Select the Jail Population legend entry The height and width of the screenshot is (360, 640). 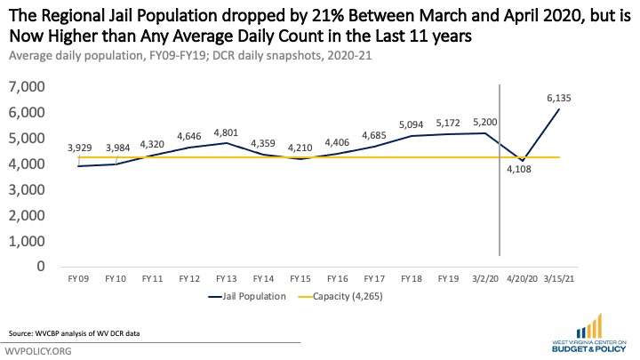[251, 298]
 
